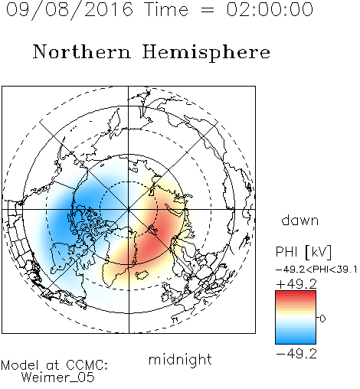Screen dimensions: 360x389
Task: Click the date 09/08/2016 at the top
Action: pyautogui.click(x=70, y=10)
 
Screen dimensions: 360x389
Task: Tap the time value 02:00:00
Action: pyautogui.click(x=270, y=9)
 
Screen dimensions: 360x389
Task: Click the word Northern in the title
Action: pyautogui.click(x=82, y=51)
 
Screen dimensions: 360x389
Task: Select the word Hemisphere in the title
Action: pyautogui.click(x=206, y=53)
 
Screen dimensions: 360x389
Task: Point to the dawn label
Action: pyautogui.click(x=300, y=220)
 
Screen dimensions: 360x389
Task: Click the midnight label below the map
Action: pyautogui.click(x=180, y=359)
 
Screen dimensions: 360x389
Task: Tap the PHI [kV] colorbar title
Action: pyautogui.click(x=303, y=252)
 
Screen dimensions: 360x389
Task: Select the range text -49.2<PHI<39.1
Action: pyautogui.click(x=316, y=270)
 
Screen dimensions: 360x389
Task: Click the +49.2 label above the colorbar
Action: pyautogui.click(x=296, y=284)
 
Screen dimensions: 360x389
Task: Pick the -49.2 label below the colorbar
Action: pyautogui.click(x=296, y=354)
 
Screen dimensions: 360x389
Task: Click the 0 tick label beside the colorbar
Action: pyautogui.click(x=322, y=319)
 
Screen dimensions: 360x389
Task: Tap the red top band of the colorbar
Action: pyautogui.click(x=296, y=294)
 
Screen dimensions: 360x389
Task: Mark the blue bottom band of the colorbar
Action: pyautogui.click(x=296, y=341)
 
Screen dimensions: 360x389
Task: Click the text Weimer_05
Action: pyautogui.click(x=58, y=378)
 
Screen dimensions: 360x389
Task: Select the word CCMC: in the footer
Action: pyautogui.click(x=87, y=365)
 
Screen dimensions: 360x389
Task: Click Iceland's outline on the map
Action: pyautogui.click(x=142, y=275)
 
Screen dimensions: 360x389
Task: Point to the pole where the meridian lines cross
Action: pyautogui.click(x=129, y=209)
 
